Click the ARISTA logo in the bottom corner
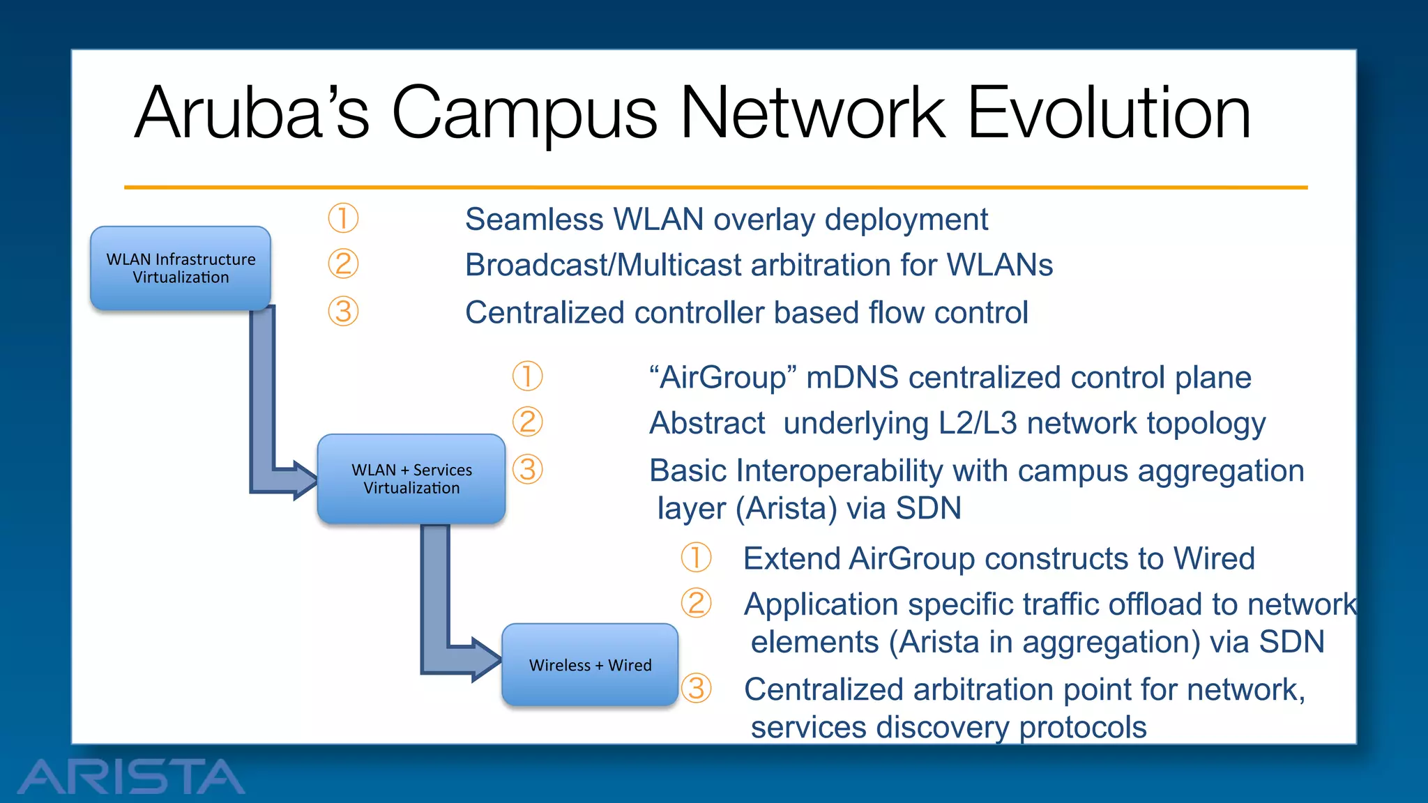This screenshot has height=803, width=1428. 131,776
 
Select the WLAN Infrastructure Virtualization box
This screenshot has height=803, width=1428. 181,268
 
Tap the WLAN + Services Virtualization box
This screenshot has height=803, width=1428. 411,479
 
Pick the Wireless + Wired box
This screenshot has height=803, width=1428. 590,665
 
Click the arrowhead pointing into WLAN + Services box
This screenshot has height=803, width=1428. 305,480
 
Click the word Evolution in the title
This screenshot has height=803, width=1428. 1108,114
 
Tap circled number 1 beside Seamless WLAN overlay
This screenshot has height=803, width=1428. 343,218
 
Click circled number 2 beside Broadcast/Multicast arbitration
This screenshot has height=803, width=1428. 343,264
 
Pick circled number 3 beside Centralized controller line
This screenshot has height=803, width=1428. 343,311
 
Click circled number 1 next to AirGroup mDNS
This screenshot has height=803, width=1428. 527,376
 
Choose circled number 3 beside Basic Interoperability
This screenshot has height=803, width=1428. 527,469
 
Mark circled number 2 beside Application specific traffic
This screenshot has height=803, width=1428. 696,603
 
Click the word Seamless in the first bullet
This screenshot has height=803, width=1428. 533,220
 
